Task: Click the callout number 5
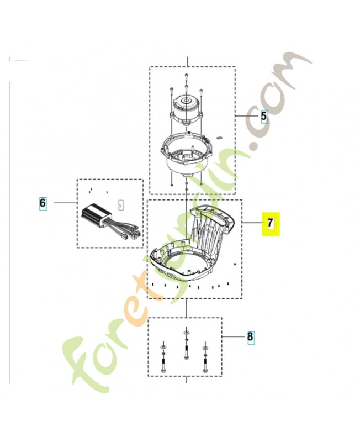pos(264,116)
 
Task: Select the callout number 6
pos(43,203)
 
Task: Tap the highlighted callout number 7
pos(271,223)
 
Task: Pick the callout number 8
pos(250,336)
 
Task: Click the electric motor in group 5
pos(186,110)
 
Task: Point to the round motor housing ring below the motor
pos(186,153)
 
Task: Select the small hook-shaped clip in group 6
pos(121,204)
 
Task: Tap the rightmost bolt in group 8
pos(205,359)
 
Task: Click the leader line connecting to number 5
pos(246,116)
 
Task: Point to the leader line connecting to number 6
pos(65,203)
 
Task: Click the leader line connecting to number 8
pos(233,336)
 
